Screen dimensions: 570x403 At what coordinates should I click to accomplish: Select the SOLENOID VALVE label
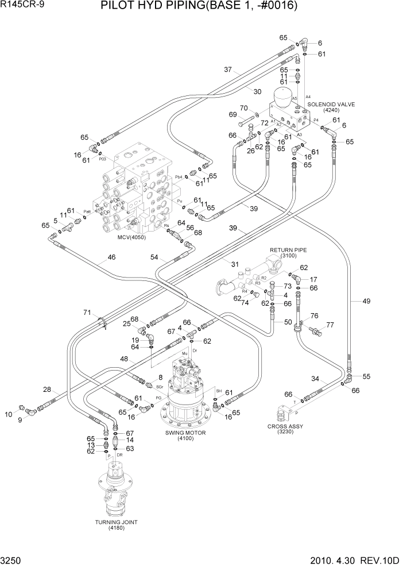tap(331, 105)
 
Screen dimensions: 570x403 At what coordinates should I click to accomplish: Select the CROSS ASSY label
tap(285, 426)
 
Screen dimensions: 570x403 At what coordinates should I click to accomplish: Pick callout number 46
tap(111, 257)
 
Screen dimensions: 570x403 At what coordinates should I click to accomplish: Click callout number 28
tap(47, 390)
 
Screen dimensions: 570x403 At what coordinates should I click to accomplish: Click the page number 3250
tap(12, 560)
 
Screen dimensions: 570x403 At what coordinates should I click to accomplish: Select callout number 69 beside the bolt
tap(232, 114)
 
